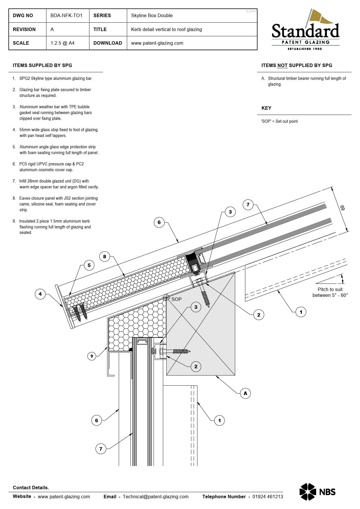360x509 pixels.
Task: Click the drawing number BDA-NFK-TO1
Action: click(66, 15)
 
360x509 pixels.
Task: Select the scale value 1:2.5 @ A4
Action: click(62, 43)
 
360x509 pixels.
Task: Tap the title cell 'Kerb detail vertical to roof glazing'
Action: click(166, 29)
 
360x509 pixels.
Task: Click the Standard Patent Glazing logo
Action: click(305, 30)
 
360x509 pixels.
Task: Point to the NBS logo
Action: click(317, 492)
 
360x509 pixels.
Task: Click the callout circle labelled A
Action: click(245, 393)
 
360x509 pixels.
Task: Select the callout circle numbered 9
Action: click(92, 356)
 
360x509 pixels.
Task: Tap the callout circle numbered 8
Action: click(105, 257)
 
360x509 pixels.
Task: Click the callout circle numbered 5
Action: click(89, 265)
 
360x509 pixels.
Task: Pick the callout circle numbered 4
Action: click(40, 294)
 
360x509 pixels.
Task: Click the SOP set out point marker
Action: click(166, 297)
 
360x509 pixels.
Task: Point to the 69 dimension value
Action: click(342, 208)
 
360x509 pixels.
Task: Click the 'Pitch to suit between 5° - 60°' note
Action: click(330, 292)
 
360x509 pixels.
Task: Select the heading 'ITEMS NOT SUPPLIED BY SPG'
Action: click(297, 65)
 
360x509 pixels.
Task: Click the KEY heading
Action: click(266, 108)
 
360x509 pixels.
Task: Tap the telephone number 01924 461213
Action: click(267, 497)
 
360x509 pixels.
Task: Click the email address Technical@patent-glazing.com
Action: click(156, 497)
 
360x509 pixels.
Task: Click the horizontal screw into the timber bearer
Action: click(180, 351)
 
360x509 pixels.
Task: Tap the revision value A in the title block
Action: click(52, 29)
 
